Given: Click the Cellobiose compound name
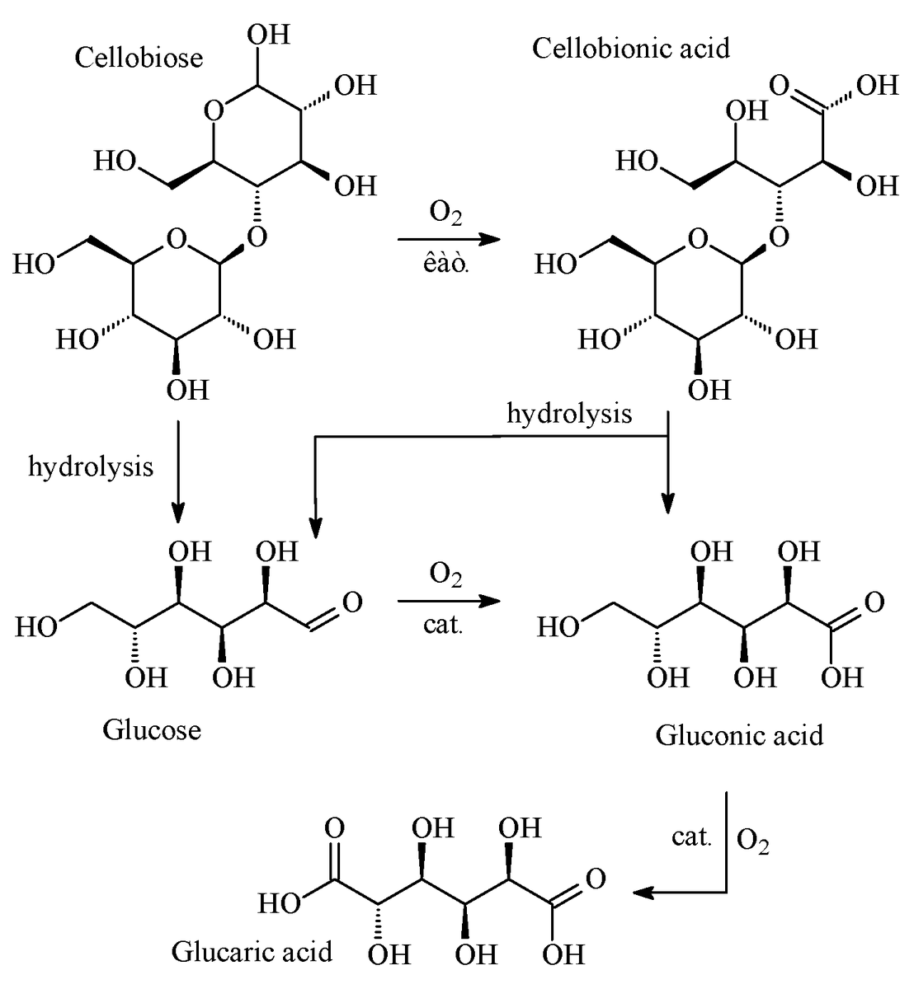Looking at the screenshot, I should [139, 57].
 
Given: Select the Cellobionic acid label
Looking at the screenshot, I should [631, 49].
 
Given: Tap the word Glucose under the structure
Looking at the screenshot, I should [152, 729].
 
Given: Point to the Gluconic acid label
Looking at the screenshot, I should [739, 734].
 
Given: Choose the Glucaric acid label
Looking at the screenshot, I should [252, 952].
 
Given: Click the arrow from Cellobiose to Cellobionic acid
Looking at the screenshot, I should [449, 240].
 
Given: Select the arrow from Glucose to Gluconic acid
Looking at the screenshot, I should [449, 602].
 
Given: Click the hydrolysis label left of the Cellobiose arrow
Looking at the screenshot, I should [91, 467].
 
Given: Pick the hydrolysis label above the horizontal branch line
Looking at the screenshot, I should [569, 413].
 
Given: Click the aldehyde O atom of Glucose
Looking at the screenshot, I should [351, 602].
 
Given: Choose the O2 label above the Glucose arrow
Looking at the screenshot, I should [445, 574].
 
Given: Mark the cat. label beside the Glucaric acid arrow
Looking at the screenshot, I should [690, 837].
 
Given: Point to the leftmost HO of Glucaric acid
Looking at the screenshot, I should [280, 904].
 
